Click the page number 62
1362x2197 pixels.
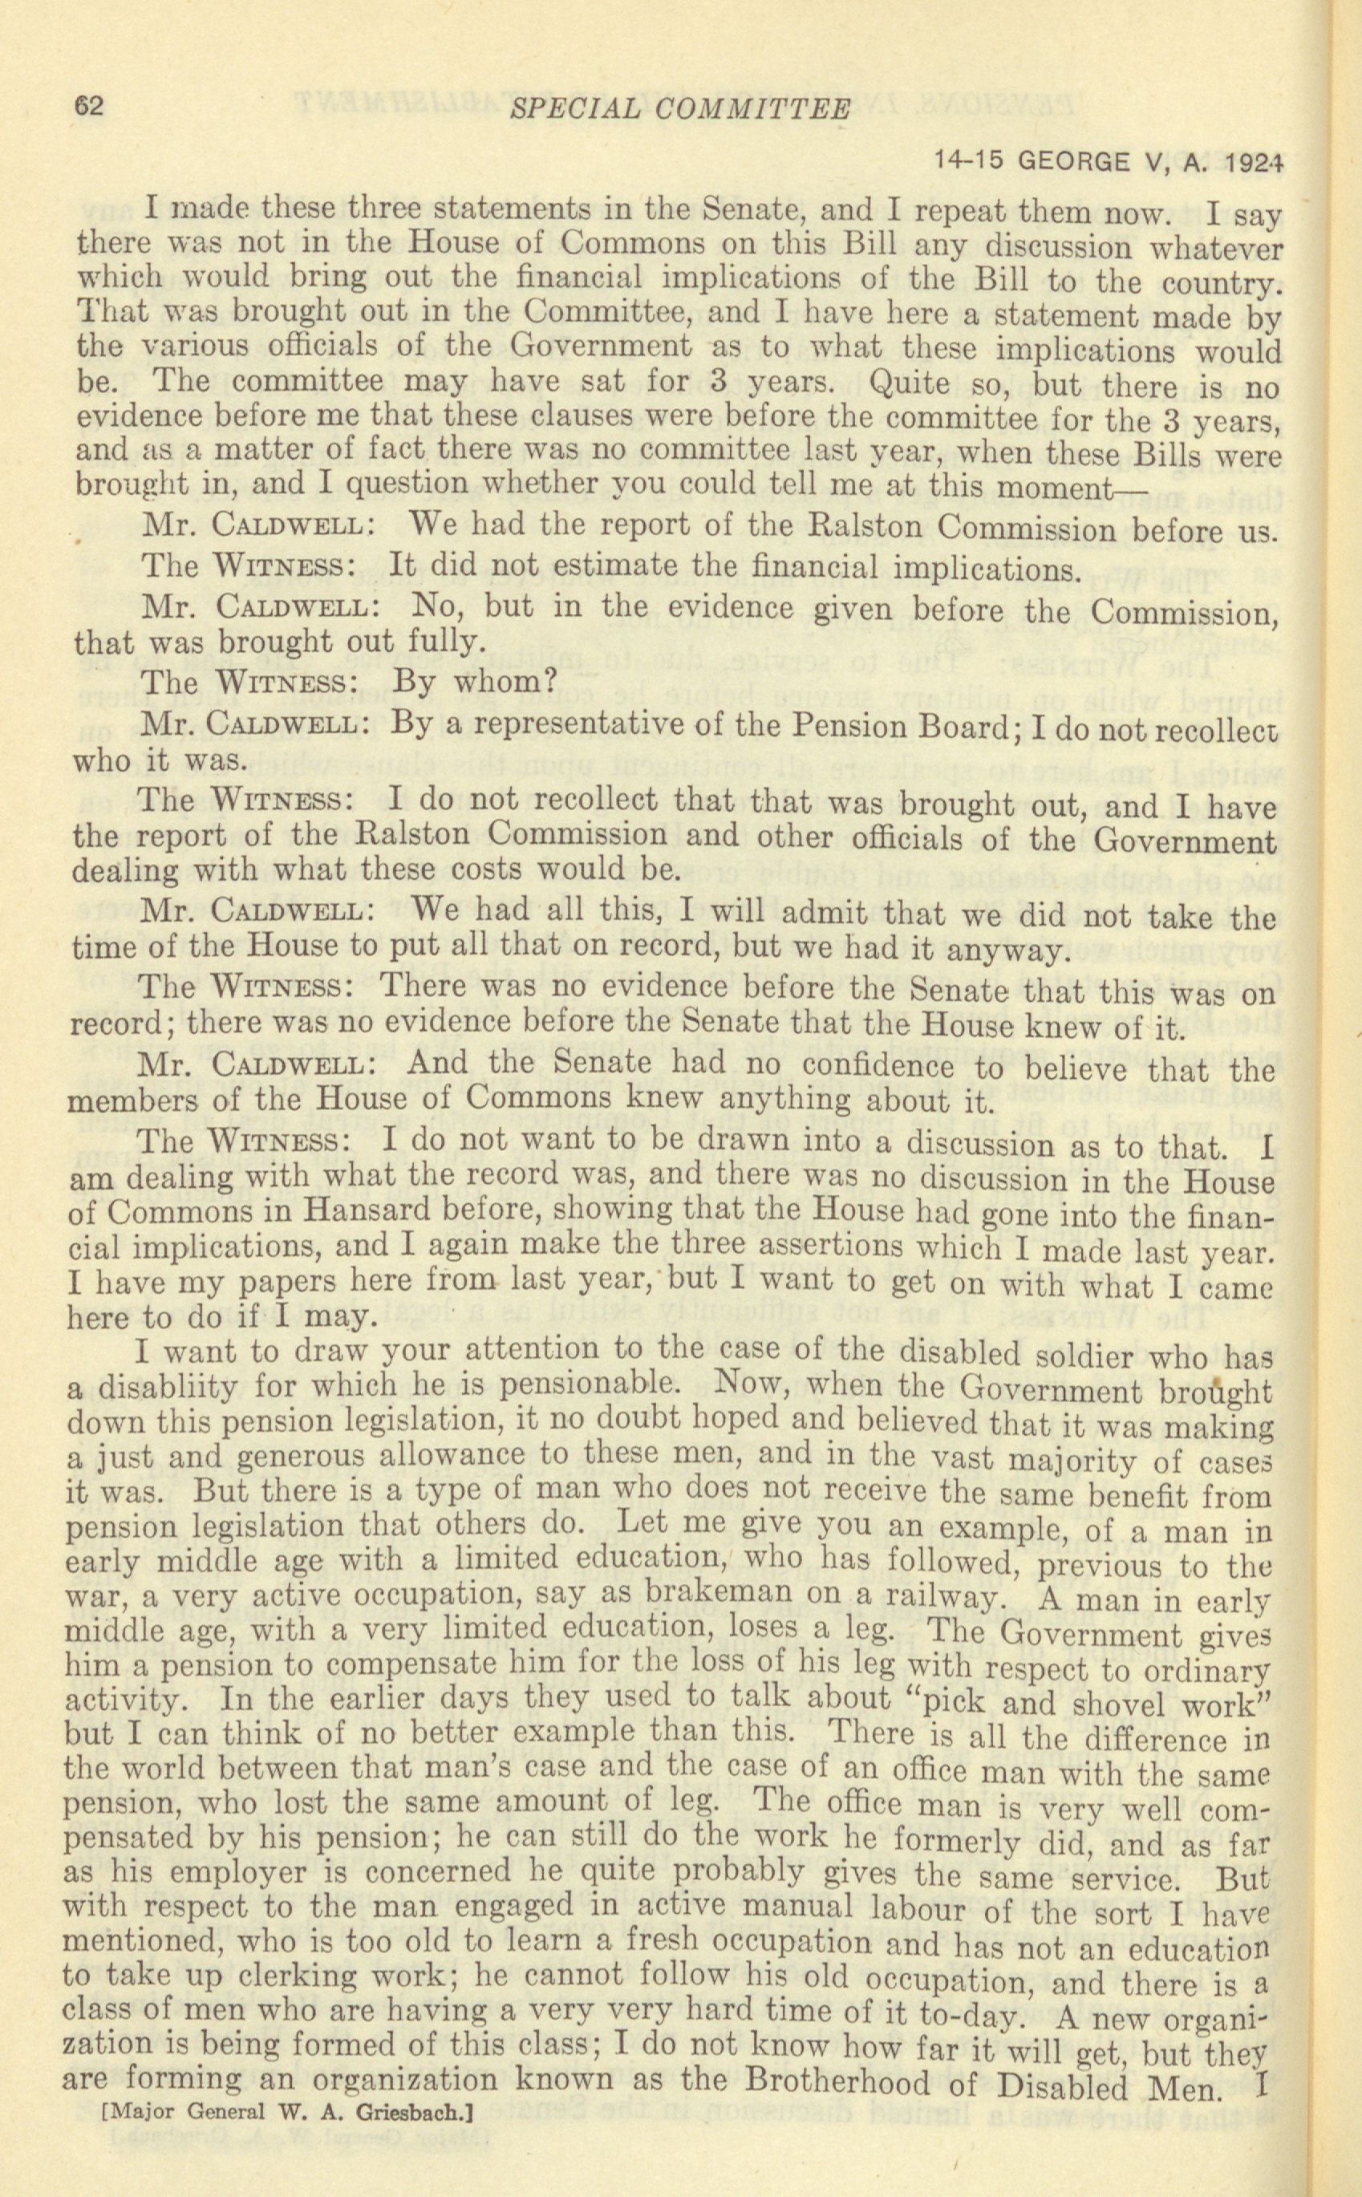pyautogui.click(x=90, y=107)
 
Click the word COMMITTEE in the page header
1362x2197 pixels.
pyautogui.click(x=753, y=109)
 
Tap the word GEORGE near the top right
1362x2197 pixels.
pyautogui.click(x=1076, y=161)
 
